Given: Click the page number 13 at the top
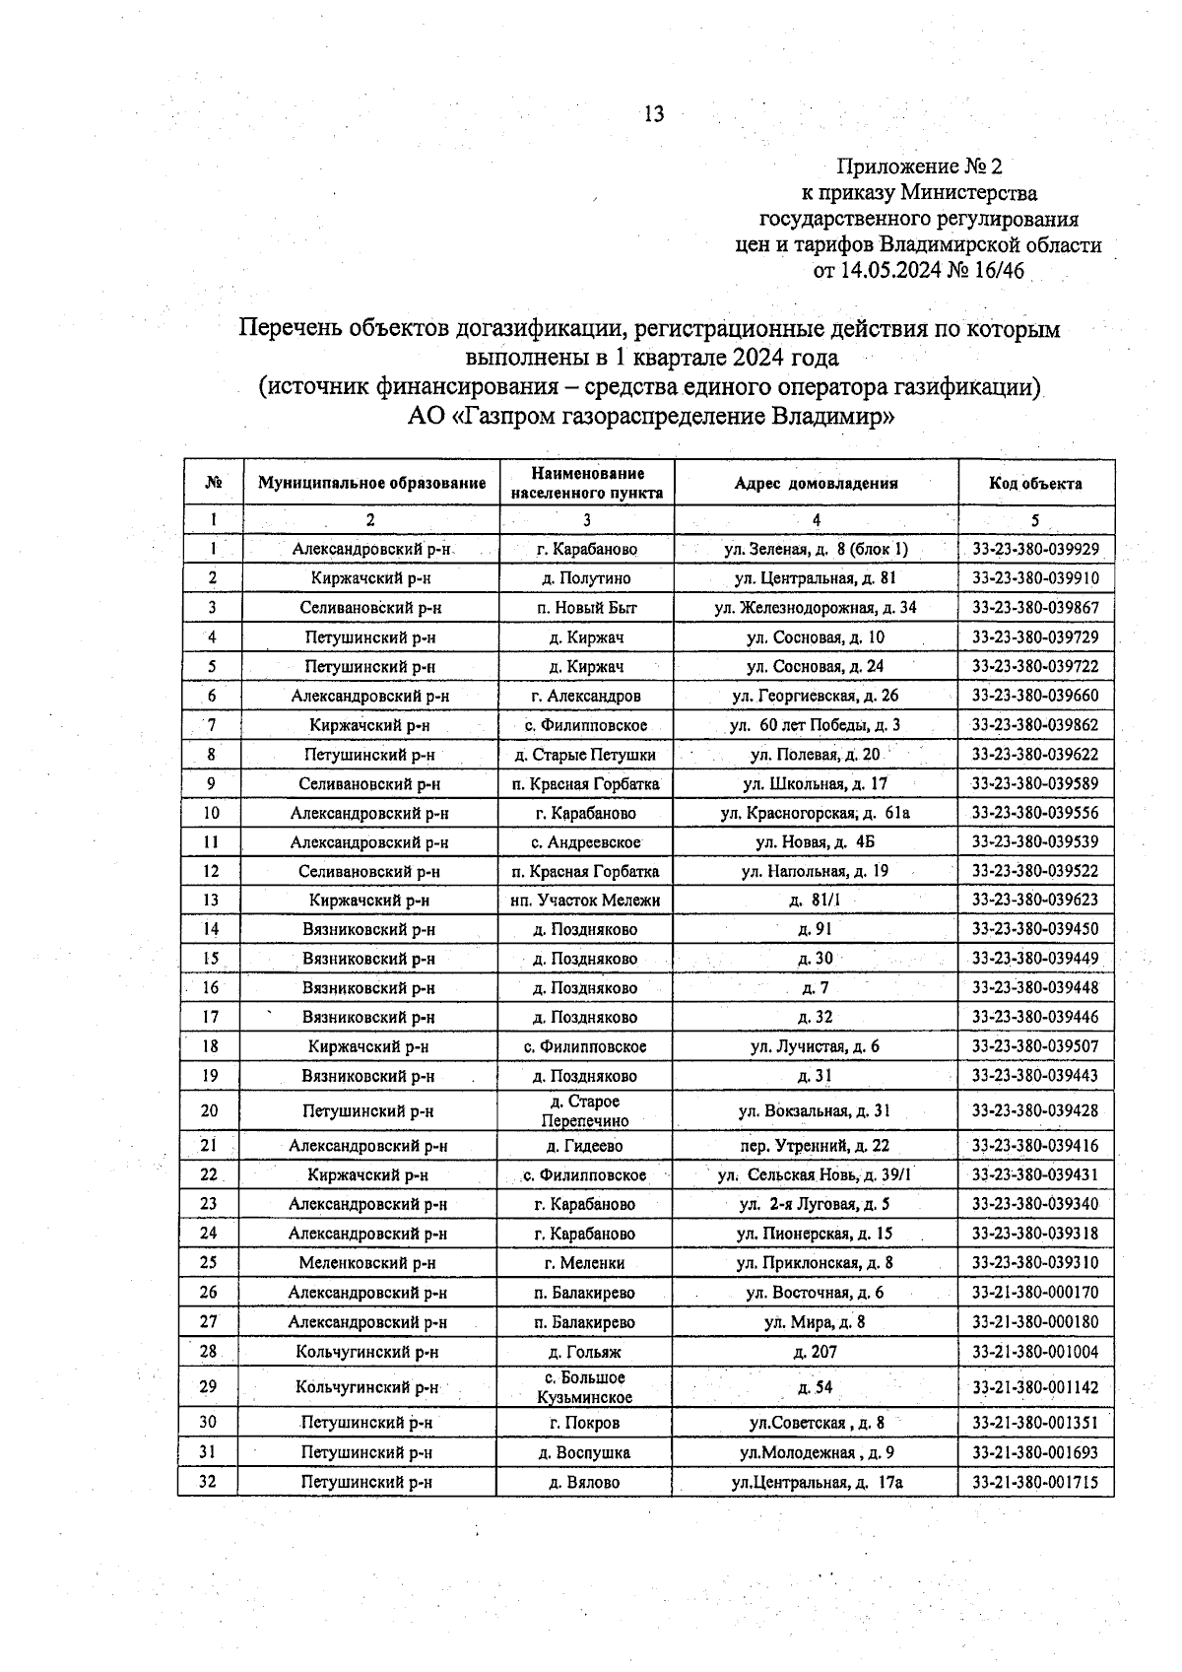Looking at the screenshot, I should pos(654,114).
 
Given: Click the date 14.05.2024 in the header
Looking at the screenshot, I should pos(889,271).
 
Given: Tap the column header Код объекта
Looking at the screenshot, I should pos(1035,484).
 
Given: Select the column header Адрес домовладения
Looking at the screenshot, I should pos(816,484).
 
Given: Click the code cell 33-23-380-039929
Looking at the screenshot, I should pos(1035,549).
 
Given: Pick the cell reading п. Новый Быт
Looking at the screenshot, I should pos(586,608).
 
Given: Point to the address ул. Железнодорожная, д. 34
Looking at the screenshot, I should pos(816,608).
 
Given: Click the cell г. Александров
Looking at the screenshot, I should pos(586,696).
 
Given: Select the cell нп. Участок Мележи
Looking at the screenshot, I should pos(586,901).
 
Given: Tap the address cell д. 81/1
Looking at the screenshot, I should pos(816,901).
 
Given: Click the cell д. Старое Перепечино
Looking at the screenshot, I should pos(586,1111).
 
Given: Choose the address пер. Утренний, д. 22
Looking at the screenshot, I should pos(816,1146).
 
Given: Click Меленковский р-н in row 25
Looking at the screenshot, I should pos(367,1263).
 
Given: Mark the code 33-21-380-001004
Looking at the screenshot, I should pos(1035,1353).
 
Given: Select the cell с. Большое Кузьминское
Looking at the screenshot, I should pos(586,1387).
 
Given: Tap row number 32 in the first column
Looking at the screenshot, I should pos(209,1481).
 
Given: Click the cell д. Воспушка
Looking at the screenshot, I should pos(586,1452).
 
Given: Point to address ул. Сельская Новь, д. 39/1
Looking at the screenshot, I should pos(816,1175).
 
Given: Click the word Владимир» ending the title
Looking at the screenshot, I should pos(832,416).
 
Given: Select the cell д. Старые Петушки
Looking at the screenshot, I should pos(586,755).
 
